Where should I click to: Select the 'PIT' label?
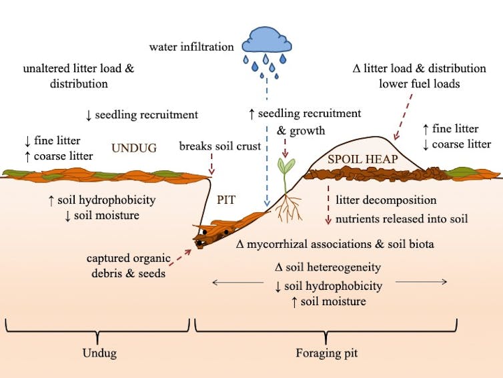point(226,200)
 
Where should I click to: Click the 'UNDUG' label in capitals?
point(133,148)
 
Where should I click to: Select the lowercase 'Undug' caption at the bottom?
point(97,352)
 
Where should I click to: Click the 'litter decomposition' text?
point(386,200)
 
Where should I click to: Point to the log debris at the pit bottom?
point(217,231)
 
